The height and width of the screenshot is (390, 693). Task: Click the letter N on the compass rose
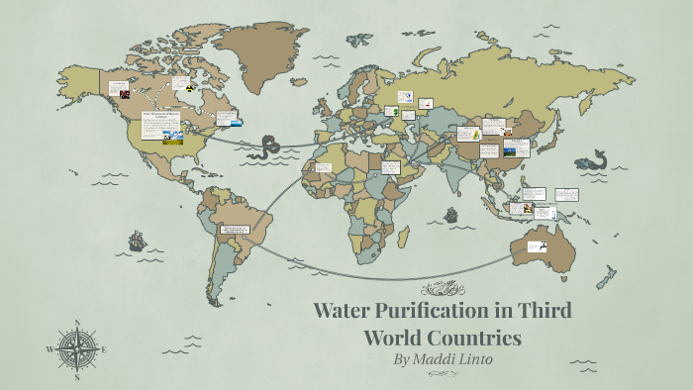click(x=76, y=323)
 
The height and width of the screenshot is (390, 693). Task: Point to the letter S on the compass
click(x=76, y=377)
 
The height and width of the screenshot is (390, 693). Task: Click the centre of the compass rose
click(x=76, y=349)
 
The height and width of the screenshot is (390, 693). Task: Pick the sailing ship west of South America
click(x=136, y=241)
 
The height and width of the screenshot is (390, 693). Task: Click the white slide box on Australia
click(x=539, y=244)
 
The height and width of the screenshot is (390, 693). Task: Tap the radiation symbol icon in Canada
click(x=190, y=88)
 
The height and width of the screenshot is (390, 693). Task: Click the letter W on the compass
click(x=49, y=349)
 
